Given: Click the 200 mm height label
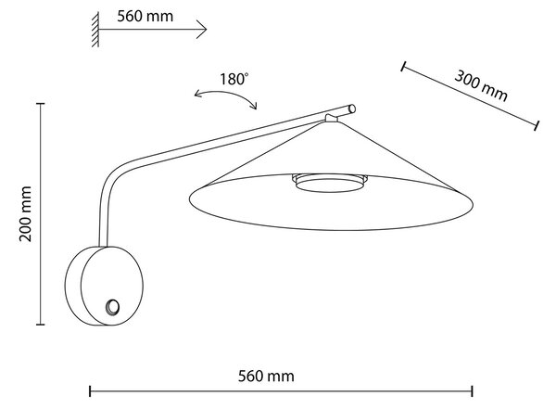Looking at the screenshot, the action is coord(25,213).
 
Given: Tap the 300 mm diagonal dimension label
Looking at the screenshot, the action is coord(481,85).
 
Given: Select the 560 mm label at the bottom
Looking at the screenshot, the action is coord(266,376).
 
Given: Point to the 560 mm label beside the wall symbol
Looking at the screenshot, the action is coord(145,17).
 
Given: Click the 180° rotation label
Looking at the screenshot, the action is coord(234,79).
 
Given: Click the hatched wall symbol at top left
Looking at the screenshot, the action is coord(95,29).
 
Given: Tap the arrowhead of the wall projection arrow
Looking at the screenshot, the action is coord(202,30).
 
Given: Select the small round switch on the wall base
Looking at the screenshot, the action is coord(113,307).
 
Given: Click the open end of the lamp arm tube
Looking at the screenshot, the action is coord(352,109).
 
